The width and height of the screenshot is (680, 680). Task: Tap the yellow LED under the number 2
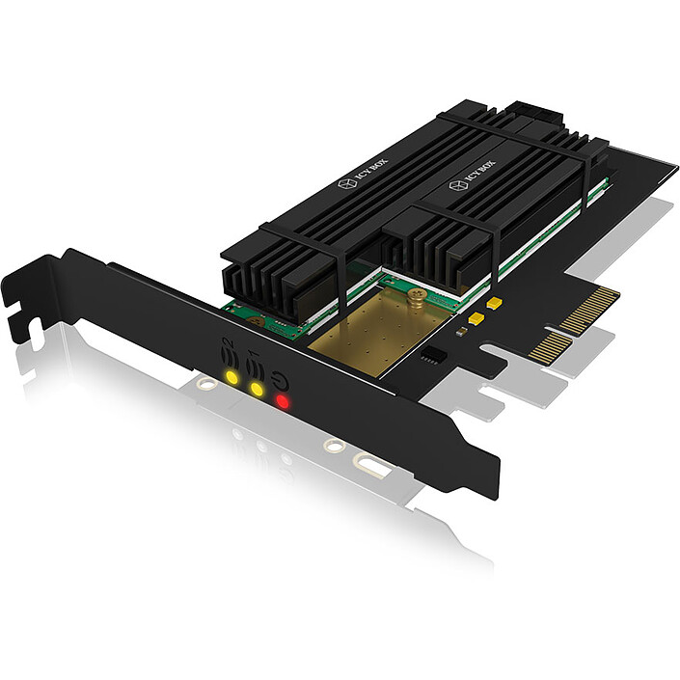coord(231,376)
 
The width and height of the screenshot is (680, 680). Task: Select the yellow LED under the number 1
coord(257,388)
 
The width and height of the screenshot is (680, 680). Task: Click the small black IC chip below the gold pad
coord(437,353)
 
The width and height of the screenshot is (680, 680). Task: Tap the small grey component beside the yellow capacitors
coord(461,330)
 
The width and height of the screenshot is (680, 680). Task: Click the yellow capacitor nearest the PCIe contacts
coord(494,304)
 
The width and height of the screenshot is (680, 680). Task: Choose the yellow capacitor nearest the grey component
coord(475,316)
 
